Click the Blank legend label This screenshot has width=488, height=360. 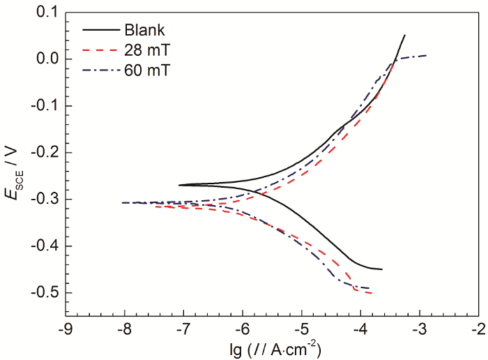144,30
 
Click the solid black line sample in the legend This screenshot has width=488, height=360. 100,30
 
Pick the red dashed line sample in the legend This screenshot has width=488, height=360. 100,50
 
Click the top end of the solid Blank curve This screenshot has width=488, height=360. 405,35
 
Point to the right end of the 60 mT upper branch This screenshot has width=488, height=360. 427,54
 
